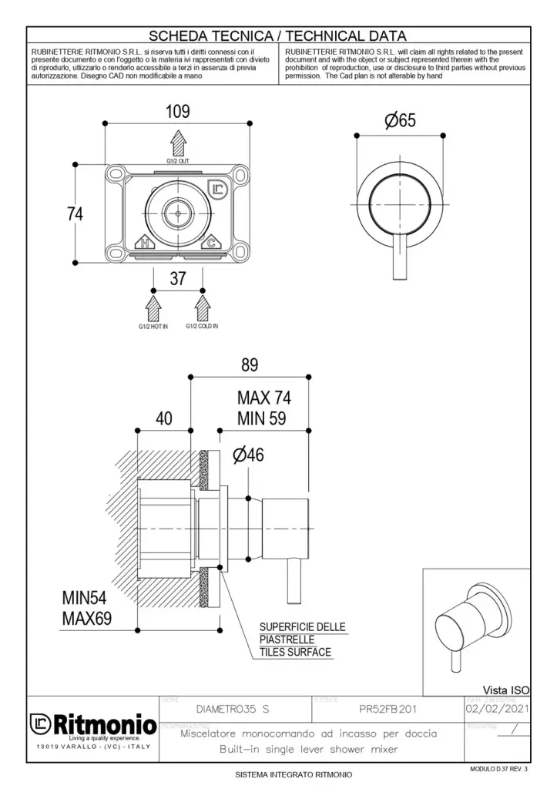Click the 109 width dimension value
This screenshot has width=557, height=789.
click(x=178, y=111)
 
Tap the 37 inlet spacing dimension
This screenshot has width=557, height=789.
click(x=178, y=278)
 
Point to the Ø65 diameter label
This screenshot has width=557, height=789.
click(x=400, y=120)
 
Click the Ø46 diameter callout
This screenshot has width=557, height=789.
click(x=247, y=455)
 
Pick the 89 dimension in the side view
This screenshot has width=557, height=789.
click(x=249, y=364)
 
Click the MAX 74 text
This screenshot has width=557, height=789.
click(x=264, y=398)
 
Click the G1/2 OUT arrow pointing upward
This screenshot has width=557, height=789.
click(x=178, y=143)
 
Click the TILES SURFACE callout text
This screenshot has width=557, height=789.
click(x=295, y=652)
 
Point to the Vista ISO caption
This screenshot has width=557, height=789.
click(x=505, y=690)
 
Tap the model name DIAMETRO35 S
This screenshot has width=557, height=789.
click(x=233, y=707)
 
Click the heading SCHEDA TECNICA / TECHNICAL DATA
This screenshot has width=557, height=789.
click(x=277, y=35)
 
